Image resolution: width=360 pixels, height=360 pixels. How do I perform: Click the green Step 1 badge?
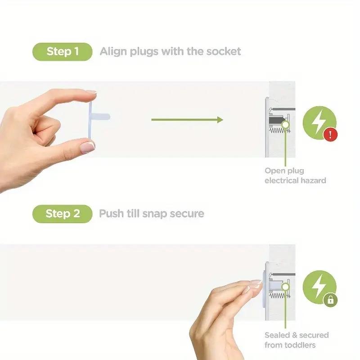(x=62, y=52)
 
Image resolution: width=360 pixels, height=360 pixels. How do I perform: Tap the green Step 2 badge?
(x=62, y=213)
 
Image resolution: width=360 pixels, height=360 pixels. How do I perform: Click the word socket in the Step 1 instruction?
(x=224, y=51)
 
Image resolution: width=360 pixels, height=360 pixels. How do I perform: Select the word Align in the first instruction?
(x=114, y=51)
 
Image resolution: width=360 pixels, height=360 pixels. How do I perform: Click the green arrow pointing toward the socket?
(x=187, y=120)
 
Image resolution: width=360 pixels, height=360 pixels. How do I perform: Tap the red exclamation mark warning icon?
(x=330, y=134)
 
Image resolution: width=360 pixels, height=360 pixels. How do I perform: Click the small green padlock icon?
(x=330, y=300)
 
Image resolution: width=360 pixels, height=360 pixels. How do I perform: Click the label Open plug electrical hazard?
(x=295, y=175)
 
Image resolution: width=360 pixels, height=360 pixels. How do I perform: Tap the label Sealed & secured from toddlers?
(x=296, y=340)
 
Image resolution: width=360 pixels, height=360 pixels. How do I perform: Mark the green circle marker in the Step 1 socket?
(x=285, y=123)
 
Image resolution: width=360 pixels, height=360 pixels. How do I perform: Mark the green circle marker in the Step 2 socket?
(x=285, y=287)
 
